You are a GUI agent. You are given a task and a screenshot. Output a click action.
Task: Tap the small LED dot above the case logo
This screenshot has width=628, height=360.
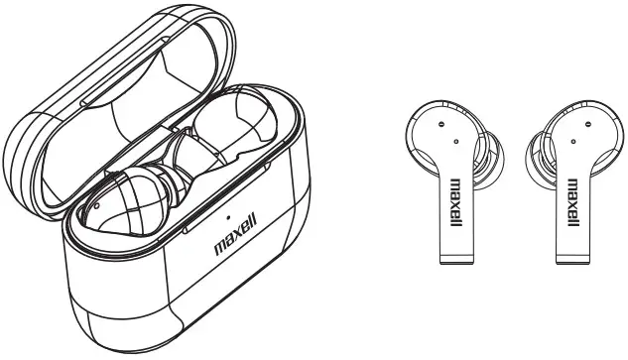click(x=227, y=214)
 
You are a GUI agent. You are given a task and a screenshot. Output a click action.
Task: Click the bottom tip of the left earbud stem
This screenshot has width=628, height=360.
click(x=457, y=262)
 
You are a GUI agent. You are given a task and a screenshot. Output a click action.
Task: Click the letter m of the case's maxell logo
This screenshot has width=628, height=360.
click(x=220, y=244)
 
